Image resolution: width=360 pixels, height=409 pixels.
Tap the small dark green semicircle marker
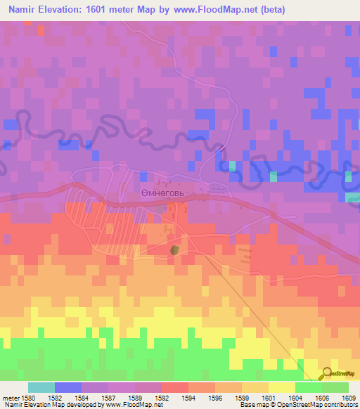click(174, 249)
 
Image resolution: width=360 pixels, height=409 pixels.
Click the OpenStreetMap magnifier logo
click(326, 375)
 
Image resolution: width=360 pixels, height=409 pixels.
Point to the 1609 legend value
click(349, 398)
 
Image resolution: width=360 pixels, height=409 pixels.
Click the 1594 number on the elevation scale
click(188, 398)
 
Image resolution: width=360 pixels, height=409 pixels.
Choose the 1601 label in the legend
click(268, 398)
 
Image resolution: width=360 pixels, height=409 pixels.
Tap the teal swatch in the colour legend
click(41, 387)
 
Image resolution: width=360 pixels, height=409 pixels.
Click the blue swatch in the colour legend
click(68, 387)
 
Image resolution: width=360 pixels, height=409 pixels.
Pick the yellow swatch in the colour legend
click(281, 387)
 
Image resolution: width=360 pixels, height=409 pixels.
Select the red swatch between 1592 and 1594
click(174, 387)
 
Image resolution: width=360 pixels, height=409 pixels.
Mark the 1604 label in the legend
click(295, 398)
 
